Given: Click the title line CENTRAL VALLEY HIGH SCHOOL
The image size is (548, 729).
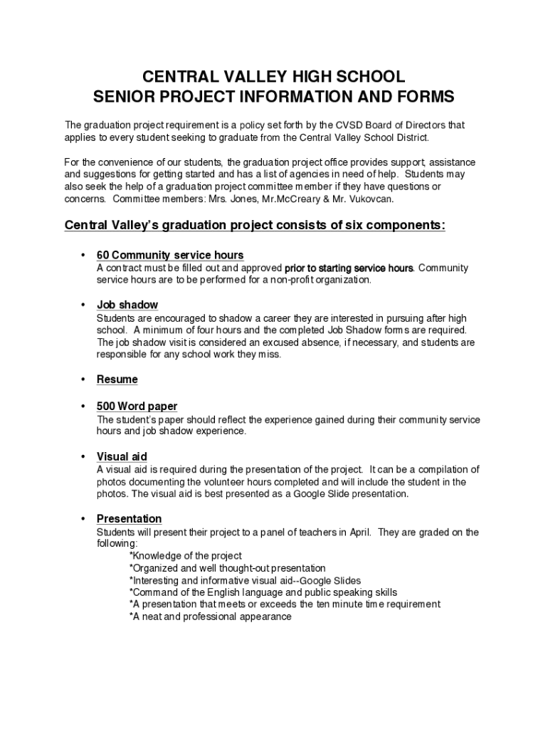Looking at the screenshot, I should click(274, 77).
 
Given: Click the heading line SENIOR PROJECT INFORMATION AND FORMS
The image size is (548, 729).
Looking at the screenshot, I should click(274, 97).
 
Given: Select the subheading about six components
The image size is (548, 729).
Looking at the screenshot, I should click(255, 226).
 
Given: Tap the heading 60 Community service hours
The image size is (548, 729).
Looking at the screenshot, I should click(170, 255).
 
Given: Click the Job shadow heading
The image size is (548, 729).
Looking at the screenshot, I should click(127, 305).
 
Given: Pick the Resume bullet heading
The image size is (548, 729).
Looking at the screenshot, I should click(117, 379).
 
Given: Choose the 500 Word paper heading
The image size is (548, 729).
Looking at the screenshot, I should click(137, 407).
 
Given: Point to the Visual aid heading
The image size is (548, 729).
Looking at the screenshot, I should click(122, 456).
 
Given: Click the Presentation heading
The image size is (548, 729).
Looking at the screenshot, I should click(130, 519).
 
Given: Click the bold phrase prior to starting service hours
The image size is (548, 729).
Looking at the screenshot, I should click(349, 268).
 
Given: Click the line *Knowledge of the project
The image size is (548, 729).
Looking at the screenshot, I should click(186, 555).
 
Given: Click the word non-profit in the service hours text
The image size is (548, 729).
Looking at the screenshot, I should click(289, 280).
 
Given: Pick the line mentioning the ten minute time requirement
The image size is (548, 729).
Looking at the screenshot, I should click(285, 604).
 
